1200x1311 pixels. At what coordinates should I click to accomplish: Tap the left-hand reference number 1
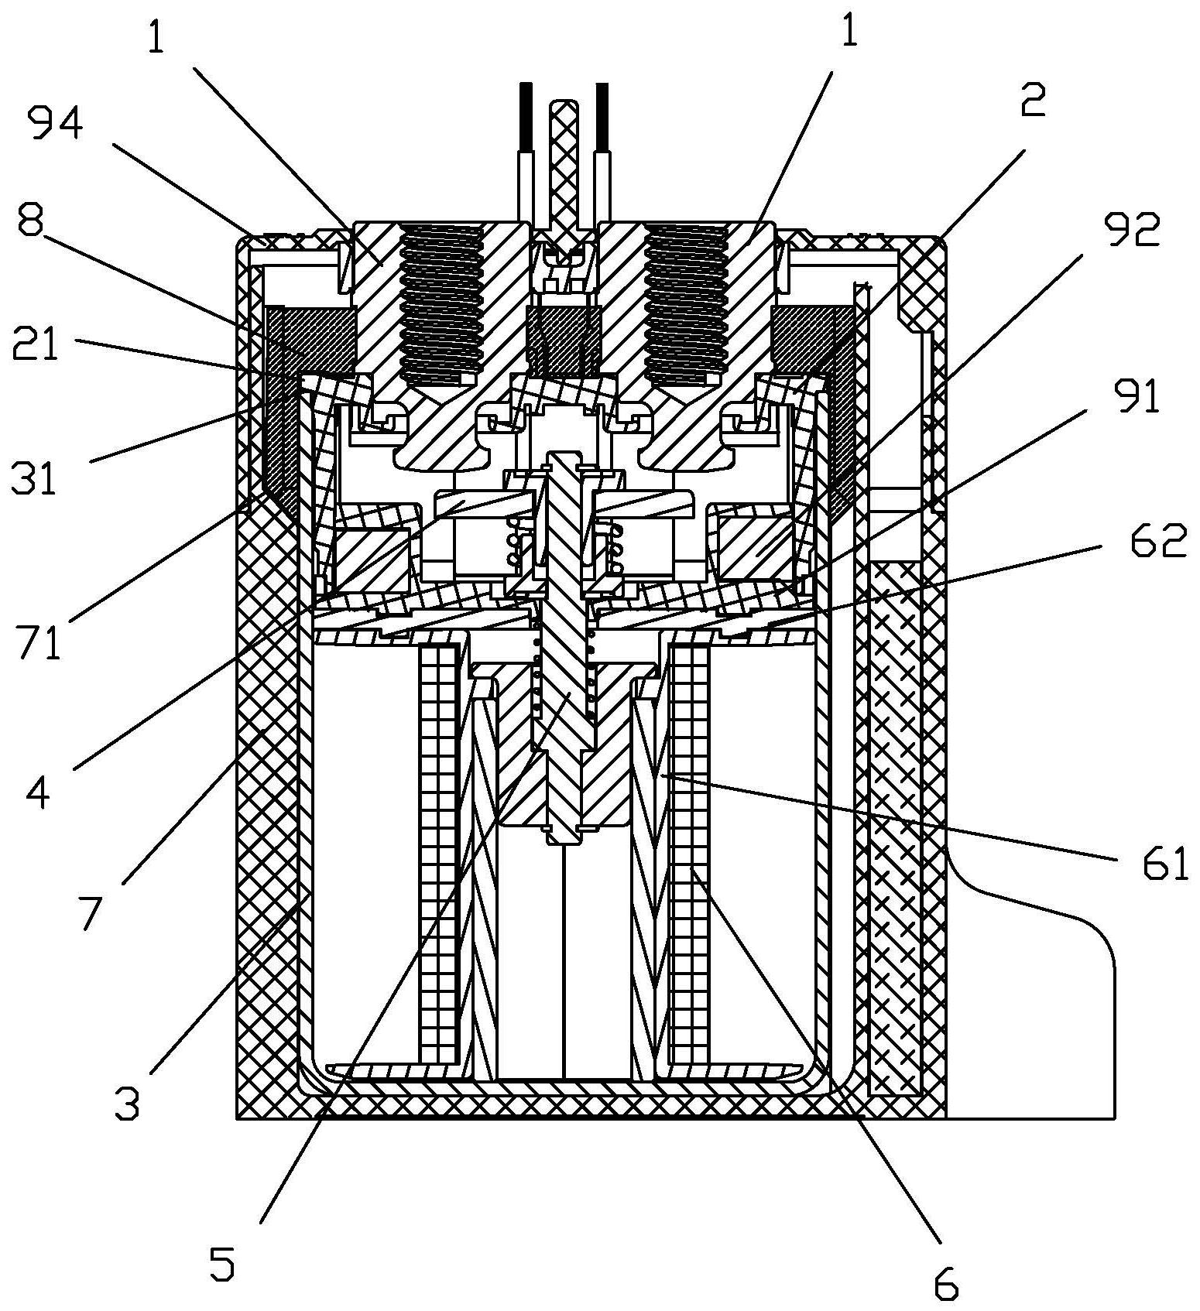click(156, 36)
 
